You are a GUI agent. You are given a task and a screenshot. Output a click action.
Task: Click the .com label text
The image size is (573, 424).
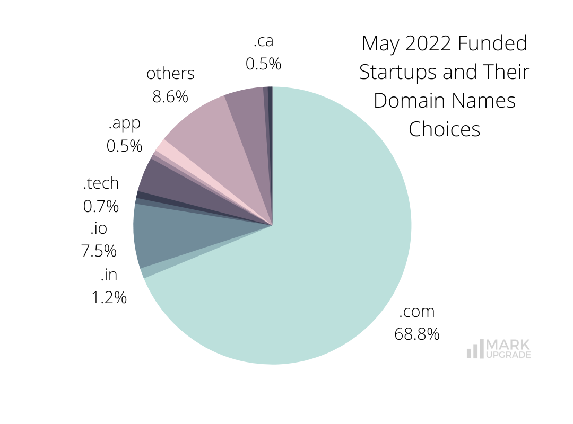point(416,311)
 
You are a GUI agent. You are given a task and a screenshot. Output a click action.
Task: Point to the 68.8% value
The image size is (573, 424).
point(416,334)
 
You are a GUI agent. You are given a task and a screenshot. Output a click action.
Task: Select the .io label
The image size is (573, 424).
point(99,228)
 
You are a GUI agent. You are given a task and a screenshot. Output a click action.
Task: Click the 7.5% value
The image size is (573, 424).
point(99,251)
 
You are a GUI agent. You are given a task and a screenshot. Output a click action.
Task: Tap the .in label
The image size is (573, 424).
point(108,275)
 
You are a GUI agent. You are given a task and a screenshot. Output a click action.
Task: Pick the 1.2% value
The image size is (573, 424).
point(109,297)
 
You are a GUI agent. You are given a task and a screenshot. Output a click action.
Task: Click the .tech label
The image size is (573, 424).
point(101,183)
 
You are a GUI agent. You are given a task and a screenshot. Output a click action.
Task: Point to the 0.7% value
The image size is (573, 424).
point(101,206)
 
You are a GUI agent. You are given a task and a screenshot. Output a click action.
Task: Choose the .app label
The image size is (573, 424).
point(124,123)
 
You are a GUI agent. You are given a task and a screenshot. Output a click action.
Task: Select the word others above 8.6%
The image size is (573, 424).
point(170,74)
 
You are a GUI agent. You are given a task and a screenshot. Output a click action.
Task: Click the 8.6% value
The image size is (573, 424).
point(170,96)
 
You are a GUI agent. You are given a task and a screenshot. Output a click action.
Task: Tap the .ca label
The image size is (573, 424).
point(263,40)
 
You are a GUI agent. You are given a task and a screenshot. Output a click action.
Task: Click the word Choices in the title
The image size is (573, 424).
point(444,129)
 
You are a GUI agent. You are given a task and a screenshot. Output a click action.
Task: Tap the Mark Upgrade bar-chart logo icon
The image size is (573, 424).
point(474,349)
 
